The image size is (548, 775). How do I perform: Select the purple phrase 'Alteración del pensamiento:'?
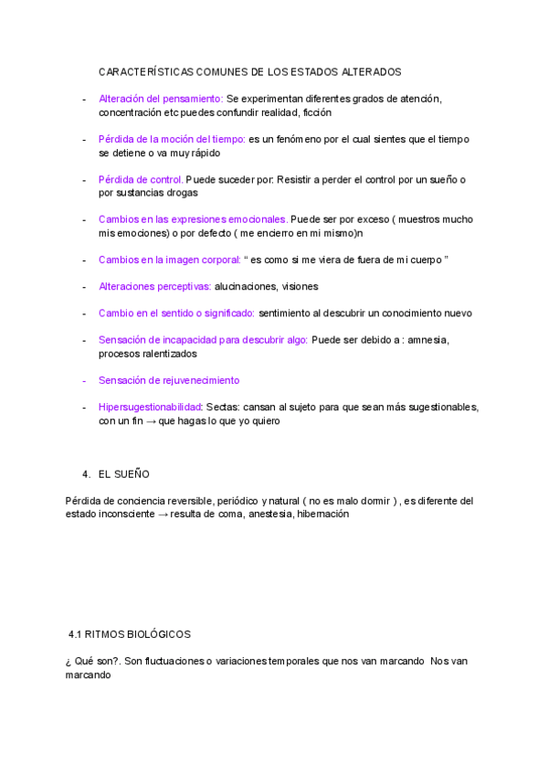(x=160, y=99)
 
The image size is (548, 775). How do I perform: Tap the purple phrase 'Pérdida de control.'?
(x=141, y=180)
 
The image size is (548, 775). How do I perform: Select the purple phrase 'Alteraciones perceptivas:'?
(x=154, y=286)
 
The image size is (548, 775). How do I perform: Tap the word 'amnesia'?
(x=427, y=340)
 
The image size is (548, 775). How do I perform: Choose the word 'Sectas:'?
(x=225, y=407)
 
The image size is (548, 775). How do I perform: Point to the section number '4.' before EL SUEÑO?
(x=86, y=474)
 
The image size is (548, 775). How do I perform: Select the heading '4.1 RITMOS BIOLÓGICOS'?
(x=129, y=633)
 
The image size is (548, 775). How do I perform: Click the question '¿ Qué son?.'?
(x=92, y=661)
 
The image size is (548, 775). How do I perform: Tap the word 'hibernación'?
(x=322, y=515)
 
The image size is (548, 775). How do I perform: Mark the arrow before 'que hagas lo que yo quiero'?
(x=148, y=421)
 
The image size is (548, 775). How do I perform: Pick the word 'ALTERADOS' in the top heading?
(x=371, y=71)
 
